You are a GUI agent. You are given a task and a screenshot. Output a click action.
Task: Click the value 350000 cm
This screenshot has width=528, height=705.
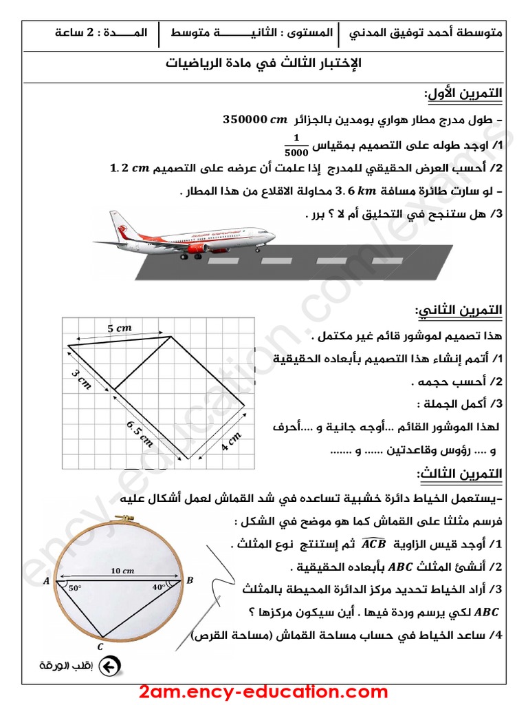coord(254,120)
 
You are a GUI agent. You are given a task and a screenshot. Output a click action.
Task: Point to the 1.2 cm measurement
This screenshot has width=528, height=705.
coord(130,168)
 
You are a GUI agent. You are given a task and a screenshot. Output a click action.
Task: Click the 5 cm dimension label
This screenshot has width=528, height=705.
coord(120,329)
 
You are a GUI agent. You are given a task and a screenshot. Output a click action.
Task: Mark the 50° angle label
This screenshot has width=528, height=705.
coord(74,589)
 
